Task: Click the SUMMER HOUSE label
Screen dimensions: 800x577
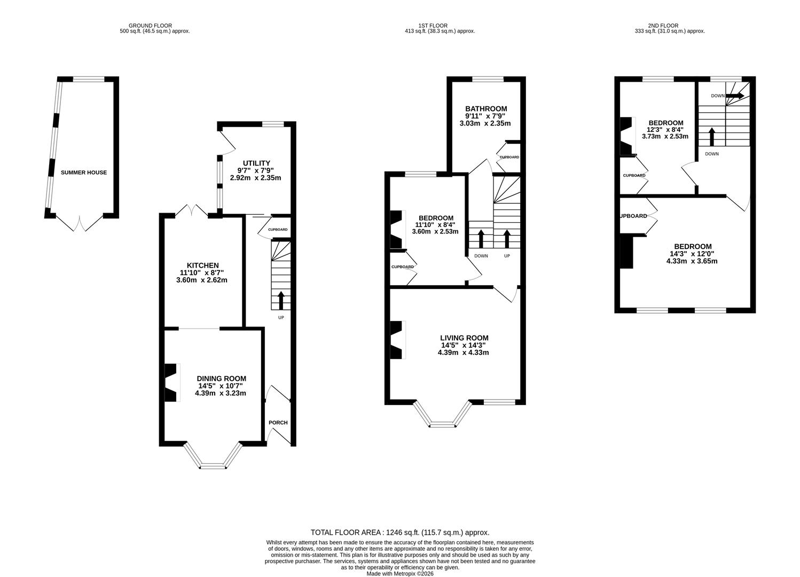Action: (x=83, y=173)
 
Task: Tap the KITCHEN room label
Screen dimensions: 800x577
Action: (x=202, y=266)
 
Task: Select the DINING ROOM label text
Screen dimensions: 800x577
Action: (x=221, y=379)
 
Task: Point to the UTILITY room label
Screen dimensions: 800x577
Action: (x=256, y=163)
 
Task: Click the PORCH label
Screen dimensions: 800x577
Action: (x=278, y=423)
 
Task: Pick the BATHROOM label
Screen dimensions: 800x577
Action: (x=486, y=108)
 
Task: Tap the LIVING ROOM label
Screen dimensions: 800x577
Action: (x=464, y=338)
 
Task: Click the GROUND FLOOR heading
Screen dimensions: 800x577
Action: (x=150, y=26)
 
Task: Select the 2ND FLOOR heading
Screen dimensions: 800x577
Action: (x=663, y=26)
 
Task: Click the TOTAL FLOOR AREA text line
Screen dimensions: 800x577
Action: (x=399, y=533)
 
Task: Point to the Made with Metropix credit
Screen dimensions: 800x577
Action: (x=400, y=574)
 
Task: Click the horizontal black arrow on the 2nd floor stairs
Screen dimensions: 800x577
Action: (x=735, y=96)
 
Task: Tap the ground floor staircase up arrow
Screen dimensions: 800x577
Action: (x=281, y=301)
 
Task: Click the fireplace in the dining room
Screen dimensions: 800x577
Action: (x=171, y=383)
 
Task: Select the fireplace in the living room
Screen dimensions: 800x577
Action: (x=397, y=340)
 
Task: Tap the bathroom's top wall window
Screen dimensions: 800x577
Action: (x=488, y=79)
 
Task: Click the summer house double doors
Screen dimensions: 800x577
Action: (x=80, y=224)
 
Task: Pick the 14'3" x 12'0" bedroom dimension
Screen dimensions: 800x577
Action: (x=692, y=254)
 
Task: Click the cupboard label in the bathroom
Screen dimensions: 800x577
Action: (x=509, y=157)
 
